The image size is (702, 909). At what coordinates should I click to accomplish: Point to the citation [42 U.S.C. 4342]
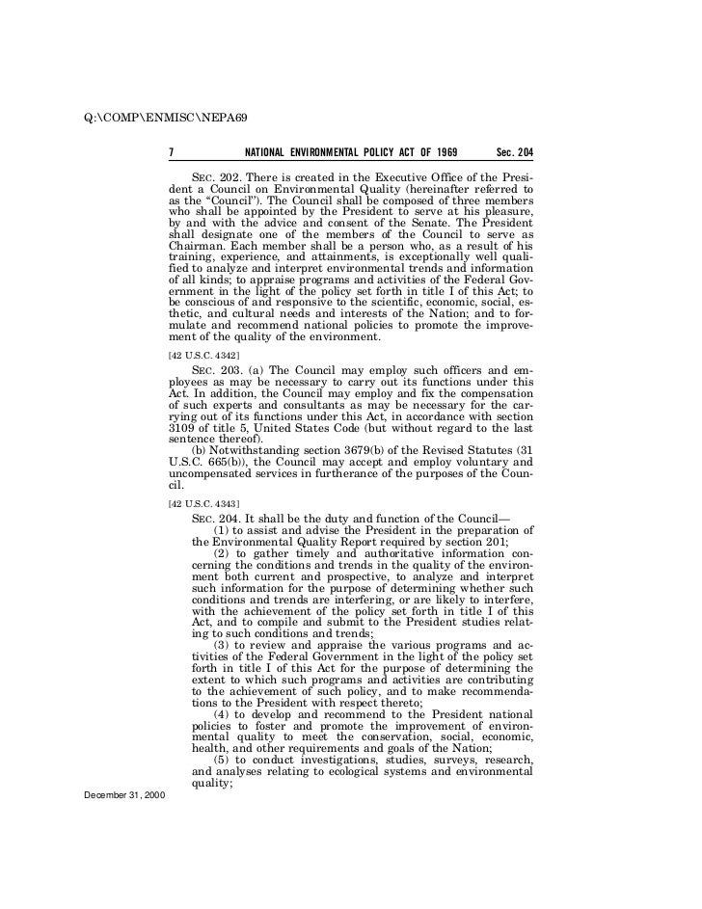click(x=197, y=357)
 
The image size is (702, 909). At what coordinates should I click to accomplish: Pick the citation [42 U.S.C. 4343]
click(x=197, y=505)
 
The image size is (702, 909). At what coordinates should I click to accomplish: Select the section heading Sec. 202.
click(x=216, y=179)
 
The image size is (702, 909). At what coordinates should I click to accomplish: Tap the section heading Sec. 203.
click(x=216, y=371)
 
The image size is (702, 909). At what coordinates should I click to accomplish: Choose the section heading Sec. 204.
click(x=216, y=519)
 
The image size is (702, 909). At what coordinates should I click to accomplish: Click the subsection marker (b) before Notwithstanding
click(x=201, y=450)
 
